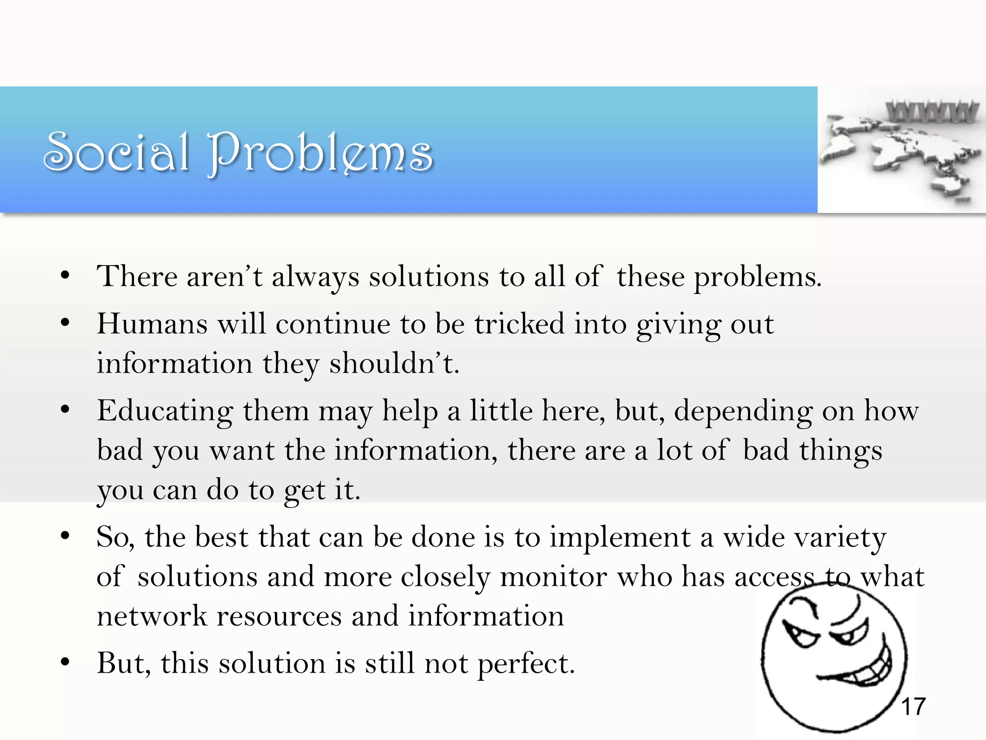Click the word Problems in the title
tap(320, 153)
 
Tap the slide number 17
tap(913, 707)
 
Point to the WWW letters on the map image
tap(932, 112)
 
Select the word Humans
tap(152, 323)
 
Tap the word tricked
tap(519, 323)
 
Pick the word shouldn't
tap(393, 363)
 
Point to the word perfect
tap(526, 664)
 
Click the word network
tap(151, 616)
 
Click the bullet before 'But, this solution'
tap(65, 662)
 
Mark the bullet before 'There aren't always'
tap(65, 276)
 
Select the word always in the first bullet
tap(315, 277)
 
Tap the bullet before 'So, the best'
tap(65, 536)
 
